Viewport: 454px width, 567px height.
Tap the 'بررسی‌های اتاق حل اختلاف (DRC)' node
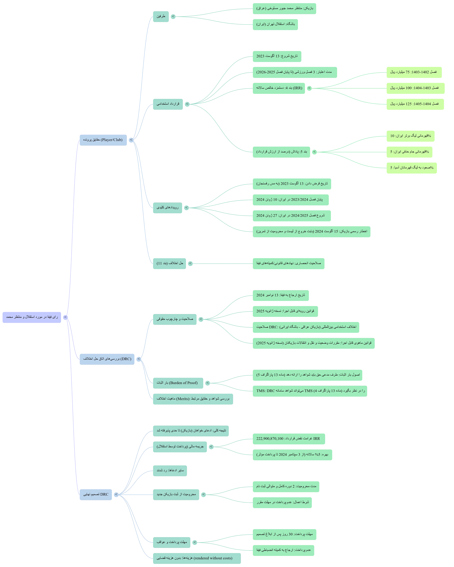(107, 359)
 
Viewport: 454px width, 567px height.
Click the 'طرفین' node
(161, 16)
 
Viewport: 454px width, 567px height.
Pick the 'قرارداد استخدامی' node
(168, 104)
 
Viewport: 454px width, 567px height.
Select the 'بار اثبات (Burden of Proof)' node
(178, 383)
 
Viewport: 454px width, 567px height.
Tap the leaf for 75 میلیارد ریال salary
(414, 72)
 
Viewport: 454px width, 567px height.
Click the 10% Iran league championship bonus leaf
(410, 136)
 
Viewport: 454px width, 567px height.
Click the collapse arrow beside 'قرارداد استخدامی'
(187, 104)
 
